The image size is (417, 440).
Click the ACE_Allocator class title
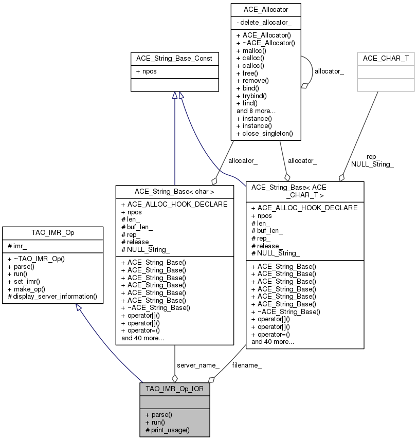pyautogui.click(x=266, y=10)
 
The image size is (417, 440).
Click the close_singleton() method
pyautogui.click(x=264, y=133)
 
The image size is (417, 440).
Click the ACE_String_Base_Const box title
pyautogui.click(x=174, y=59)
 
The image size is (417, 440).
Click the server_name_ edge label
pyautogui.click(x=198, y=365)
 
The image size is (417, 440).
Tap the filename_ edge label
pyautogui.click(x=247, y=365)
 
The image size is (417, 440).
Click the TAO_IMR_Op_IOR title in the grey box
pyautogui.click(x=175, y=389)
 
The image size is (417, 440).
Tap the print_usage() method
pyautogui.click(x=168, y=429)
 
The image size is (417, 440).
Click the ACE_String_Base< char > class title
pyautogui.click(x=174, y=192)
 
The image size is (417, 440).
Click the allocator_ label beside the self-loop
pyautogui.click(x=329, y=71)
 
